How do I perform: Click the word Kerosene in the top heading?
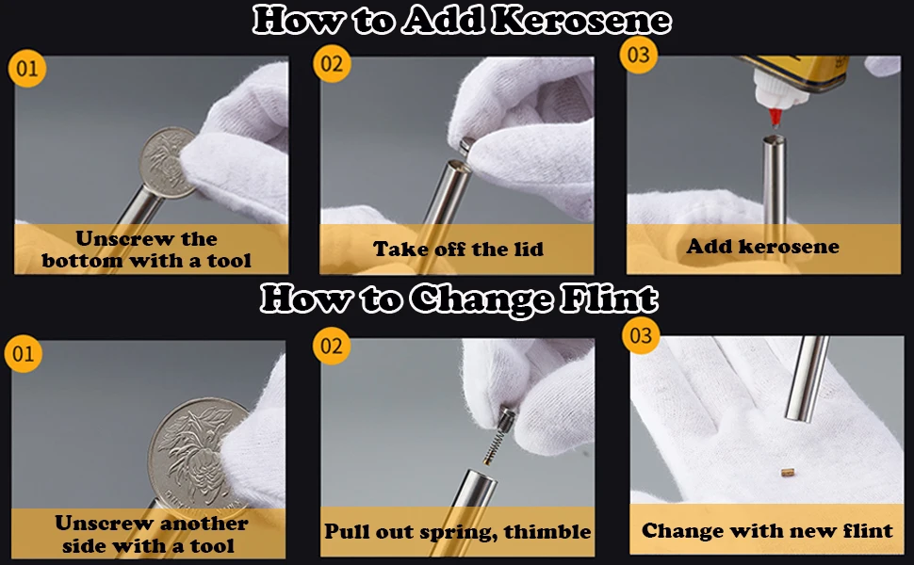[x=580, y=21]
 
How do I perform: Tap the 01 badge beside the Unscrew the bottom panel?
[x=26, y=68]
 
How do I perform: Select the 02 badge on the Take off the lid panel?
[x=332, y=63]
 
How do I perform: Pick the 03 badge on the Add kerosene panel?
[x=638, y=55]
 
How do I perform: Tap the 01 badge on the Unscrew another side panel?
[x=24, y=353]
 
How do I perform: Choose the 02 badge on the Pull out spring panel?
[x=332, y=346]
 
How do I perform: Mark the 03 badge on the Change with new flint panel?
[x=641, y=335]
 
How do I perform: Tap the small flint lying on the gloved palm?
[x=787, y=472]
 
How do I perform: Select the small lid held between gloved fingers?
[x=467, y=146]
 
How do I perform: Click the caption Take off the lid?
[x=458, y=250]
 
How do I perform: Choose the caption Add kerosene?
[x=762, y=247]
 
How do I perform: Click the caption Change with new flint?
[x=767, y=531]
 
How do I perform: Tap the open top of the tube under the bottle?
[x=775, y=139]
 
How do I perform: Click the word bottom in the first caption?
[x=82, y=260]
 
